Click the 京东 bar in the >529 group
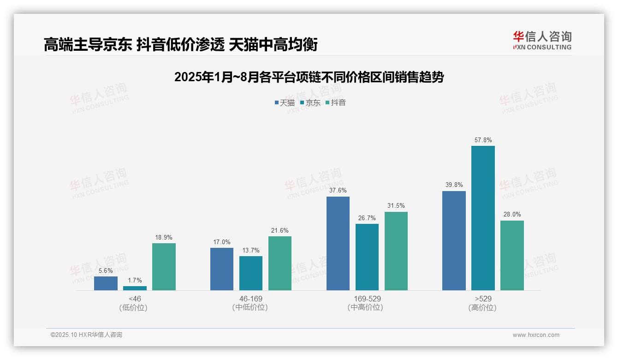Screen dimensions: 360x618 point(483,218)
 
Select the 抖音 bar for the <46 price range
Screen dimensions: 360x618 point(164,267)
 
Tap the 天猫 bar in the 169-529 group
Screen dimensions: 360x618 point(338,243)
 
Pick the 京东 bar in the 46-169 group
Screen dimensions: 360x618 point(251,273)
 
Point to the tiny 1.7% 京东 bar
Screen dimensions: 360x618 point(135,288)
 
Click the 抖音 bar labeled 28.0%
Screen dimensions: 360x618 point(512,255)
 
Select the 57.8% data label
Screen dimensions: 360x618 point(483,140)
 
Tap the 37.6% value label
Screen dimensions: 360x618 point(338,190)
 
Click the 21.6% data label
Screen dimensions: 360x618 point(280,230)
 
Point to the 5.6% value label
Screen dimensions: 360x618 point(106,270)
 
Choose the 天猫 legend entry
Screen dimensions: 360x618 point(285,102)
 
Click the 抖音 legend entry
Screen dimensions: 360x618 point(336,102)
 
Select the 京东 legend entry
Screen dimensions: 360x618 point(310,102)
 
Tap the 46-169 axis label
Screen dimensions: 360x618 point(251,299)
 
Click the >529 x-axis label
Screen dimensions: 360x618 point(483,299)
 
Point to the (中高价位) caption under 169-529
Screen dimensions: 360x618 point(367,307)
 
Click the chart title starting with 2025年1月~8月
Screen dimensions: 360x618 point(309,77)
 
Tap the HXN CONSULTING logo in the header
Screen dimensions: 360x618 point(542,41)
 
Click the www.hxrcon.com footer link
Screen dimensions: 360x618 point(536,335)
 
